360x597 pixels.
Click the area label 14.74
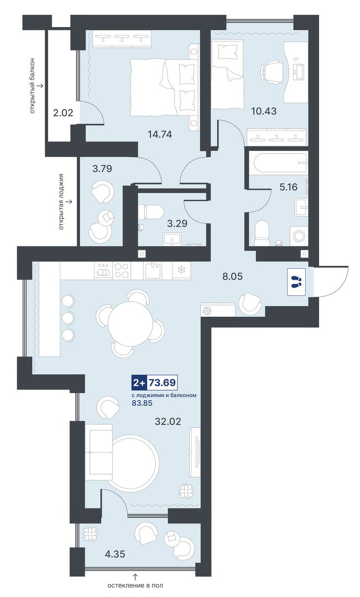point(160,134)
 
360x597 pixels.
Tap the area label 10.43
point(264,111)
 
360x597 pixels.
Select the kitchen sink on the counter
point(154,270)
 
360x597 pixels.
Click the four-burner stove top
point(122,270)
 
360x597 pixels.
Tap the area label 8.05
point(232,276)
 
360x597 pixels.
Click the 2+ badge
point(139,383)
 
